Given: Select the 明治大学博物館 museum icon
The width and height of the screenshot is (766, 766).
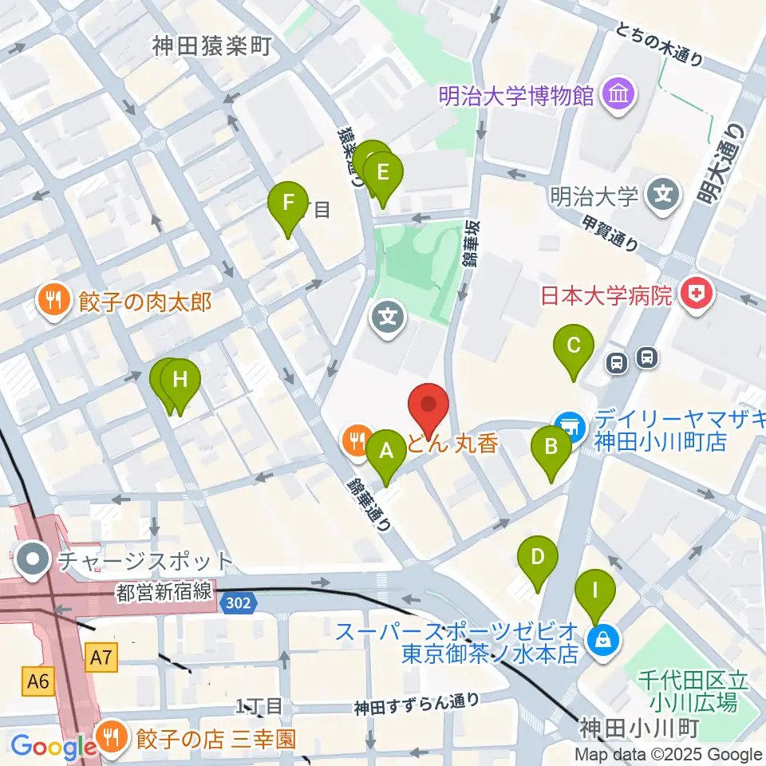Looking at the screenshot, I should (x=619, y=95).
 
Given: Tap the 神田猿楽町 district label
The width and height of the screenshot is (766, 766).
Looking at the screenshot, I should (x=211, y=46).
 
